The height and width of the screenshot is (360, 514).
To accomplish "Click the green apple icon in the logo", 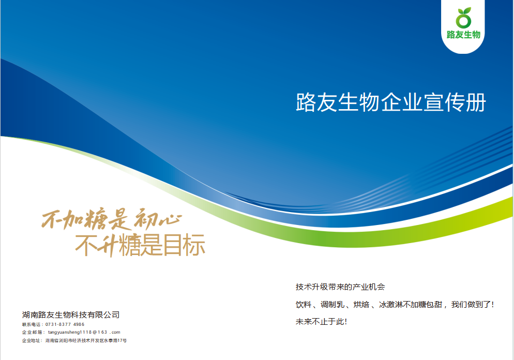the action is (x=463, y=18).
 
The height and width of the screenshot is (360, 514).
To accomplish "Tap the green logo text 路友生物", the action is (x=463, y=35).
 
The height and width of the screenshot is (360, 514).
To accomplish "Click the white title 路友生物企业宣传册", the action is (x=391, y=102).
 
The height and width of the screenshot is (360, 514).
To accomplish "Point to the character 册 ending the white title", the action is (x=476, y=102).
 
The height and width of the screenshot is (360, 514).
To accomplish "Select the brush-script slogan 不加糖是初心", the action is (x=112, y=219).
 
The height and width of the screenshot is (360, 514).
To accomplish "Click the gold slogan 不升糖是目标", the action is (x=140, y=245).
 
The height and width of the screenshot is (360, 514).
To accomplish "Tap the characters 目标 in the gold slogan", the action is (x=184, y=245).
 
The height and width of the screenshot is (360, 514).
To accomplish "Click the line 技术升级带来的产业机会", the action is (x=340, y=287).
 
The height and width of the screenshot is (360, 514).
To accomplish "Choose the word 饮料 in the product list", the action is (x=304, y=305).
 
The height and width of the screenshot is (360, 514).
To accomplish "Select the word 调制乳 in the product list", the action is (x=332, y=305).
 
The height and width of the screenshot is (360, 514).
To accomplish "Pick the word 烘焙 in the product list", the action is (x=361, y=305).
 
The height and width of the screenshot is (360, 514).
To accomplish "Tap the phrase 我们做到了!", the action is (x=472, y=305).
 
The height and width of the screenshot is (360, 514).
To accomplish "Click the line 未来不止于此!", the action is (x=321, y=322).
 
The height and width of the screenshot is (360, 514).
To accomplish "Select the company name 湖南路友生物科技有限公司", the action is (x=71, y=315).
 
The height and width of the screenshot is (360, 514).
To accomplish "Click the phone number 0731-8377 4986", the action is (x=65, y=324).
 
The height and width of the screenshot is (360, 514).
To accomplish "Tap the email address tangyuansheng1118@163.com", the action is (x=84, y=332).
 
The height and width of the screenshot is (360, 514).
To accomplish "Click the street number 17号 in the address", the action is (x=122, y=340).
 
